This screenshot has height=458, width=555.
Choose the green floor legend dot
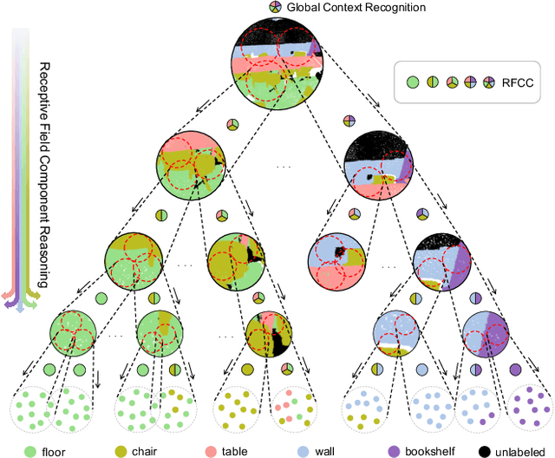30,451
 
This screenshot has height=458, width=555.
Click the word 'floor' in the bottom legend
57,451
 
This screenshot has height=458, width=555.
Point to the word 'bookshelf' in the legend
430,451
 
